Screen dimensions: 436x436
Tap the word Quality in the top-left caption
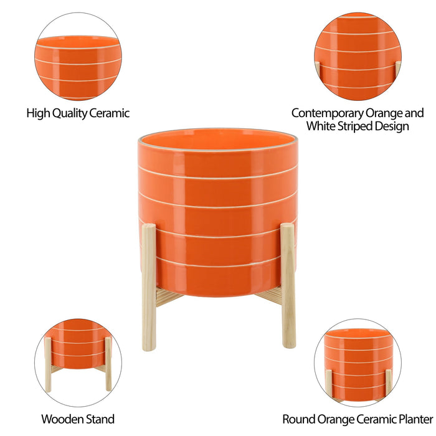coord(67,113)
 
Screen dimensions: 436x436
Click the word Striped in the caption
coord(353,126)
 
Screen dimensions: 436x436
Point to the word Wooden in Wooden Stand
coord(60,419)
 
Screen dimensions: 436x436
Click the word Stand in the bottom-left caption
coord(98,419)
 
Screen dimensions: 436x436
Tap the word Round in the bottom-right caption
coord(297,419)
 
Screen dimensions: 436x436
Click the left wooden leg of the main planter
coord(148,287)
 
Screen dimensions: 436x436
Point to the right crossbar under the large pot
coord(269,296)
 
